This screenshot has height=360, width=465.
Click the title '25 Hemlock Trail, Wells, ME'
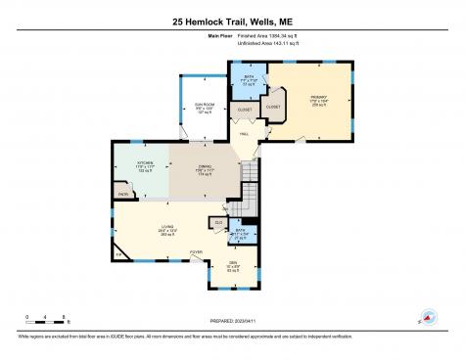click(x=232, y=20)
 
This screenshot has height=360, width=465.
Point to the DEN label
click(x=233, y=263)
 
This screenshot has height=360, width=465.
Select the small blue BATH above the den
click(x=240, y=233)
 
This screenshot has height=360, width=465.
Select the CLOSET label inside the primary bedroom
click(x=273, y=106)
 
